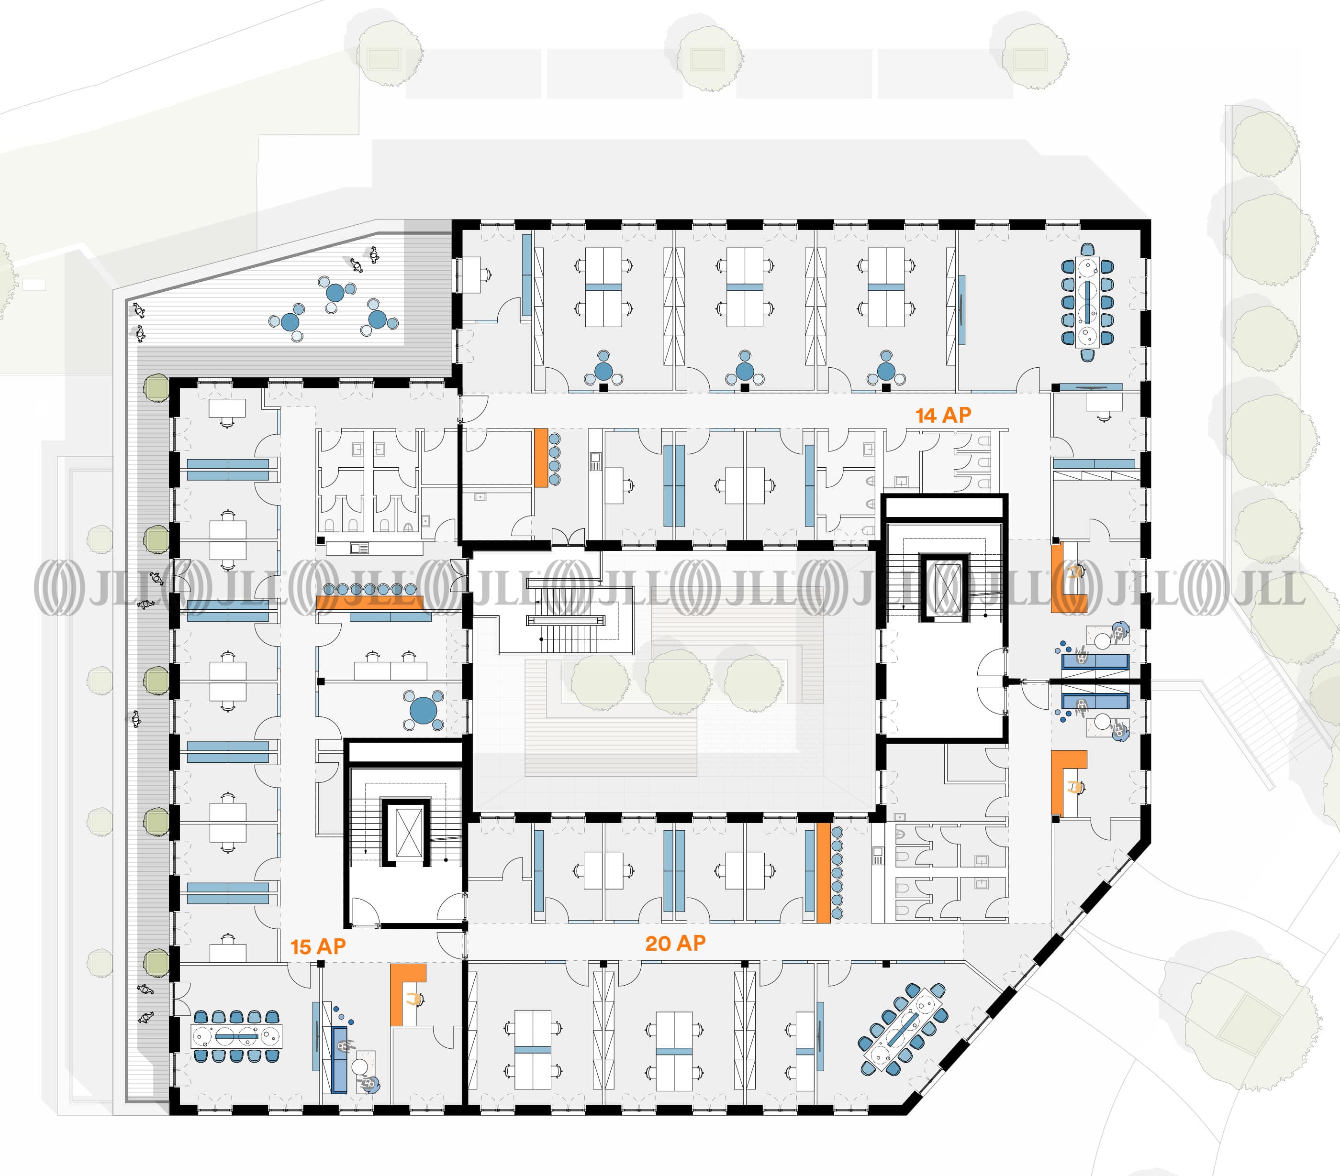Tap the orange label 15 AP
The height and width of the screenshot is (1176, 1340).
click(318, 947)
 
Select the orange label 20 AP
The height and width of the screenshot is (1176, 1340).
click(675, 944)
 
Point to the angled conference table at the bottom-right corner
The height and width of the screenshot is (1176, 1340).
click(903, 1029)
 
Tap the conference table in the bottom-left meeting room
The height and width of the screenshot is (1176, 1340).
click(237, 1036)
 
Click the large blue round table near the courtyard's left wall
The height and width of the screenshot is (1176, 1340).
click(424, 710)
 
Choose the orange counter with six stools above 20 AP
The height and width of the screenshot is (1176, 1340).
click(824, 873)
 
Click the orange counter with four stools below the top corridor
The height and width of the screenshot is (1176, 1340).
click(541, 457)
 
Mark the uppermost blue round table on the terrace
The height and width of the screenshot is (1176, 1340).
click(335, 292)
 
